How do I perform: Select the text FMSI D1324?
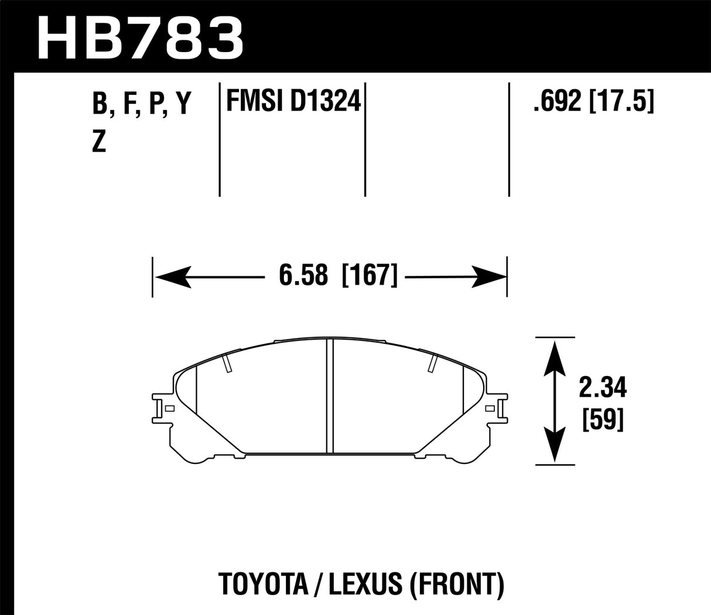pyautogui.click(x=291, y=103)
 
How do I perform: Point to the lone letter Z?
pyautogui.click(x=99, y=142)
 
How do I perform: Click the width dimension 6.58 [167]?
pyautogui.click(x=338, y=275)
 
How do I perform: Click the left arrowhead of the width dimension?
pyautogui.click(x=170, y=276)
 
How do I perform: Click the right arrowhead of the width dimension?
pyautogui.click(x=489, y=276)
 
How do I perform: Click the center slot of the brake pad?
pyautogui.click(x=329, y=396)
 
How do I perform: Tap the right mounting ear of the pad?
pyautogui.click(x=498, y=408)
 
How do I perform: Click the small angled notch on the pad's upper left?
pyautogui.click(x=228, y=363)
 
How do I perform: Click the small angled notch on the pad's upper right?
pyautogui.click(x=432, y=363)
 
